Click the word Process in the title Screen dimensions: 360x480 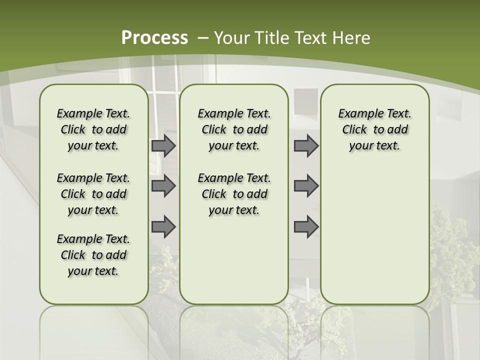tap(154, 37)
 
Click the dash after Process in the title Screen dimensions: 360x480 tap(203, 38)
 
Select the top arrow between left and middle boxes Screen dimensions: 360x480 tap(163, 145)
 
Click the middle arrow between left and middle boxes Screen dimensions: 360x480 tap(163, 186)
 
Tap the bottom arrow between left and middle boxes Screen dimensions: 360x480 tap(163, 226)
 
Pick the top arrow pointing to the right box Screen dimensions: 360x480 tap(306, 145)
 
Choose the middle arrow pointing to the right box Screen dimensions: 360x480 tap(306, 186)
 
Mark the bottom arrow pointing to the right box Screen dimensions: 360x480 tap(306, 226)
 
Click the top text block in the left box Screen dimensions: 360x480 tap(93, 129)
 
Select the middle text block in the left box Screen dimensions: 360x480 tap(93, 194)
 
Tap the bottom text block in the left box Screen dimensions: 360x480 tap(93, 255)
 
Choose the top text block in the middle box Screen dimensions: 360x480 tap(234, 129)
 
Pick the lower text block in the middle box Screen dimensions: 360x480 tap(234, 194)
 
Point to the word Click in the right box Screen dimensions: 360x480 tap(354, 129)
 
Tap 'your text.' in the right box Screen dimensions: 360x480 tap(374, 145)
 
